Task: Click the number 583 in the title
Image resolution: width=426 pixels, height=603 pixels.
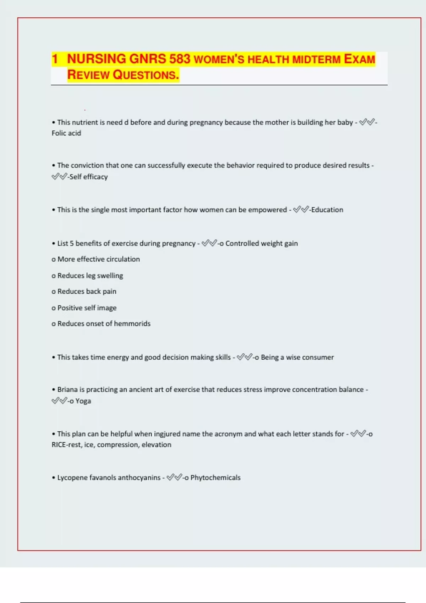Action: [x=180, y=59]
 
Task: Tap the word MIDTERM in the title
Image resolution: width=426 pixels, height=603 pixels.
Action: [x=316, y=60]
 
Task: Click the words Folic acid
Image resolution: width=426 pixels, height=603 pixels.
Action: [x=66, y=133]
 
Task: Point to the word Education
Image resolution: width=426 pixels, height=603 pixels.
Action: [x=327, y=210]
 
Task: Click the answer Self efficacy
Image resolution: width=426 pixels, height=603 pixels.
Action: [x=88, y=177]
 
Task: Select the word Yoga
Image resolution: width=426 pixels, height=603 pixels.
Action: [x=83, y=401]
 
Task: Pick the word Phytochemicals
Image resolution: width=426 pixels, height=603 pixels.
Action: [x=215, y=477]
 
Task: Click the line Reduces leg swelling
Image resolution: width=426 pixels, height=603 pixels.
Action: [x=90, y=276]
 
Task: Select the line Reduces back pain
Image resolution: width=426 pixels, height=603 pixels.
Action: [x=87, y=292]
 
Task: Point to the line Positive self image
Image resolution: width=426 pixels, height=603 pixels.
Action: [x=87, y=308]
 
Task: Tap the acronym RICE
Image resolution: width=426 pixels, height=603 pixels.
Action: [x=59, y=445]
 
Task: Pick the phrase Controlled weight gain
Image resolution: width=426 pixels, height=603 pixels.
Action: [x=262, y=243]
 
